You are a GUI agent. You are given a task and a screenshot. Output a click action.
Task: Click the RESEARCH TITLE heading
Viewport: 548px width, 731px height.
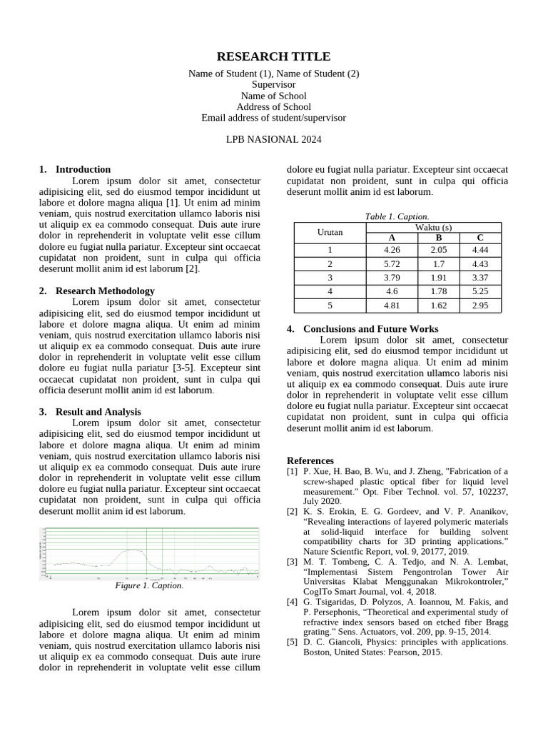point(273,57)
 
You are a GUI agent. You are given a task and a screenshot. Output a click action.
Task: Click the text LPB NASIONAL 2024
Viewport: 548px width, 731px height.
point(273,139)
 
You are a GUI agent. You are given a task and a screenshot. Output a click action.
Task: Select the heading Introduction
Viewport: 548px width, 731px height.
point(83,169)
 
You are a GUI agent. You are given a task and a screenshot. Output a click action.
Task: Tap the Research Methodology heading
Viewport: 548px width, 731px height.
point(104,291)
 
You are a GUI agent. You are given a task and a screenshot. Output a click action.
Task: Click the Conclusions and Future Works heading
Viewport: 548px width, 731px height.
point(370,329)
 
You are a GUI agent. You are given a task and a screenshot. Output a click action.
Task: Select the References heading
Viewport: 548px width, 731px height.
point(310,460)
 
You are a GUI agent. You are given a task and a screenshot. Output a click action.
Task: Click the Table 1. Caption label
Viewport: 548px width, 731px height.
point(397,216)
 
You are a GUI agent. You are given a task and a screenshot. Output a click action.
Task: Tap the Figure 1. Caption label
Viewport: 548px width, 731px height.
point(149,585)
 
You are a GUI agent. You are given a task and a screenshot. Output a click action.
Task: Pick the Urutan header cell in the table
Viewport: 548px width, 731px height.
point(330,232)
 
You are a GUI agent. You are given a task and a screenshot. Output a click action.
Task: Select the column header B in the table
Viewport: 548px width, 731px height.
point(439,238)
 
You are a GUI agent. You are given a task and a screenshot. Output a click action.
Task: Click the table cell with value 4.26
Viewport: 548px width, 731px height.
point(392,250)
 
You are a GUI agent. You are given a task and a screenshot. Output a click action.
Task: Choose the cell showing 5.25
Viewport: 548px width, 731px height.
point(480,291)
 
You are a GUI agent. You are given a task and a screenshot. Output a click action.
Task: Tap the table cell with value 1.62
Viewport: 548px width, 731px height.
point(439,305)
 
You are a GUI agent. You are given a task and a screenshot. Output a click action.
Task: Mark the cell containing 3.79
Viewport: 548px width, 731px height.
point(392,278)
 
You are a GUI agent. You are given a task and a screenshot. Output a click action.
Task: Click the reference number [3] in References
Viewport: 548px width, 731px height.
point(292,562)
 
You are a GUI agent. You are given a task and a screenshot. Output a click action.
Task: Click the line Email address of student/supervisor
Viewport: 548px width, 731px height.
point(273,118)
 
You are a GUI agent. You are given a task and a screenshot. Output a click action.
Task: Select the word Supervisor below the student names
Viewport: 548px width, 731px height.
point(273,84)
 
